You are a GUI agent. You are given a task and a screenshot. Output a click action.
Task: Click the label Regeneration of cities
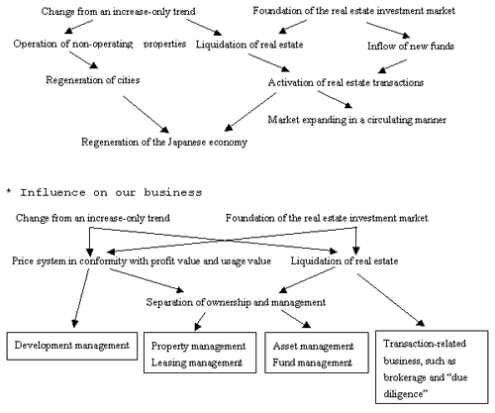tap(93, 80)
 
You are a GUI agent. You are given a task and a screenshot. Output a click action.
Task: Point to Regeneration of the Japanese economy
tap(164, 143)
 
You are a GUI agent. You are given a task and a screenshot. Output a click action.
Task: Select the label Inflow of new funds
tap(411, 46)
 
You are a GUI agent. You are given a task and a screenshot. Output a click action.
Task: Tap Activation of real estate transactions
tap(346, 82)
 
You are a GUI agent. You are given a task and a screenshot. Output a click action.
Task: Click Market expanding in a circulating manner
tap(357, 120)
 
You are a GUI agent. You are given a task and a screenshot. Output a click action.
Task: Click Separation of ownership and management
tap(236, 302)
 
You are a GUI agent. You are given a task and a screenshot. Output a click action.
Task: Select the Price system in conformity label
tap(142, 261)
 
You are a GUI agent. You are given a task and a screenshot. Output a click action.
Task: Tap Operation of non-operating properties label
tap(100, 44)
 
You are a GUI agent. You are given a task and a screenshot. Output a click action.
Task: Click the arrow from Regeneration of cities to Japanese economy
tap(146, 114)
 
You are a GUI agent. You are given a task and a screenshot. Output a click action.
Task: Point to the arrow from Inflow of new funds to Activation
tap(392, 66)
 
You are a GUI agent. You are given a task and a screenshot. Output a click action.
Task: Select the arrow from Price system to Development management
tap(81, 298)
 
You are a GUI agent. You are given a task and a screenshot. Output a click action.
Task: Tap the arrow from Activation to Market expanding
tap(335, 100)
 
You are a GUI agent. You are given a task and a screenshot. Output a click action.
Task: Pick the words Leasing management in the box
tap(197, 362)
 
